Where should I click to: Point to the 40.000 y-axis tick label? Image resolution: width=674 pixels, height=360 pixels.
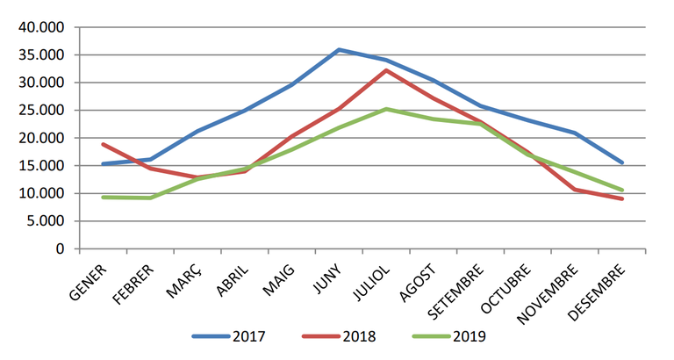tap(41, 27)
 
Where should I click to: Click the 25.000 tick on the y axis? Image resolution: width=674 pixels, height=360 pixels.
tap(41, 111)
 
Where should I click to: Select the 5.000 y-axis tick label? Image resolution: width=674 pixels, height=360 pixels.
tap(45, 221)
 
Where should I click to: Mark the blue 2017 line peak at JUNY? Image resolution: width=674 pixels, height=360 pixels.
tap(339, 50)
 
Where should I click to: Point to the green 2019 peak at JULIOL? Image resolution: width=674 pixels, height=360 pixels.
tap(386, 109)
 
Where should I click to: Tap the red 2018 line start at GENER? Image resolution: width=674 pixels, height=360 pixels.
tap(104, 144)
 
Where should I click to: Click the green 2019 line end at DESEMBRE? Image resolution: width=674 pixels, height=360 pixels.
tap(622, 190)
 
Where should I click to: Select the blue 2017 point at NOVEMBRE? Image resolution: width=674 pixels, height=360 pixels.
tap(575, 133)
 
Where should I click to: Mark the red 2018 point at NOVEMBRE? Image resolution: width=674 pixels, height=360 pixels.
tap(575, 190)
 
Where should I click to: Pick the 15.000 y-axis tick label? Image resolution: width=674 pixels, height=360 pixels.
tap(41, 166)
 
